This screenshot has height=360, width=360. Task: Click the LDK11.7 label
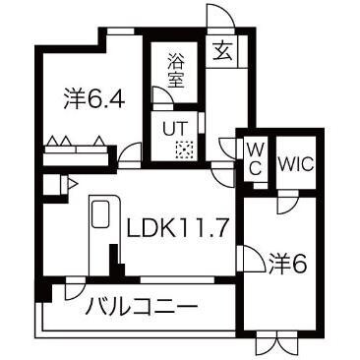tap(177, 229)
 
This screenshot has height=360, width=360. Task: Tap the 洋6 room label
tap(289, 263)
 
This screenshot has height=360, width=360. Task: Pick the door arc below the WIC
tap(286, 205)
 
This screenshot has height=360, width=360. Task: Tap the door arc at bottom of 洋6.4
tap(129, 154)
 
